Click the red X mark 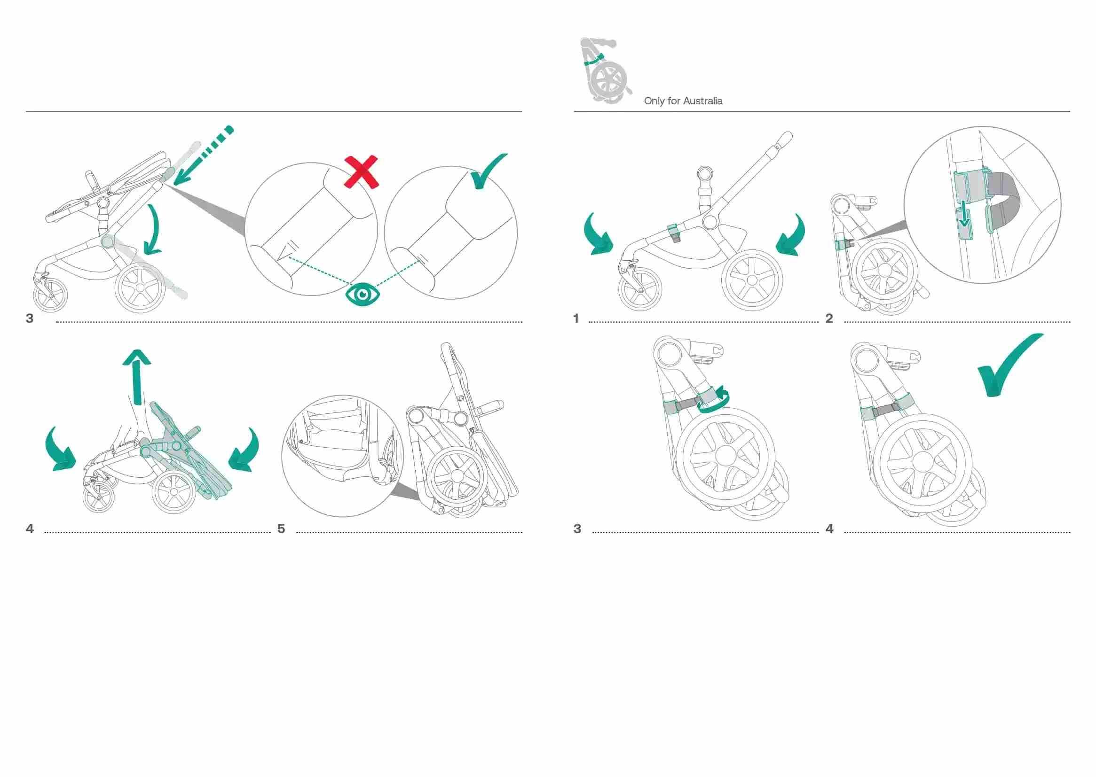pos(362,172)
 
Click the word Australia pos(702,101)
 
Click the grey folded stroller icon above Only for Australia pos(605,70)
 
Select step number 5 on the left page pos(281,528)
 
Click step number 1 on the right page pos(576,318)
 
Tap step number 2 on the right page pos(829,318)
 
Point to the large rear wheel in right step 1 pos(752,280)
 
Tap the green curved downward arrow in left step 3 pos(154,230)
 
